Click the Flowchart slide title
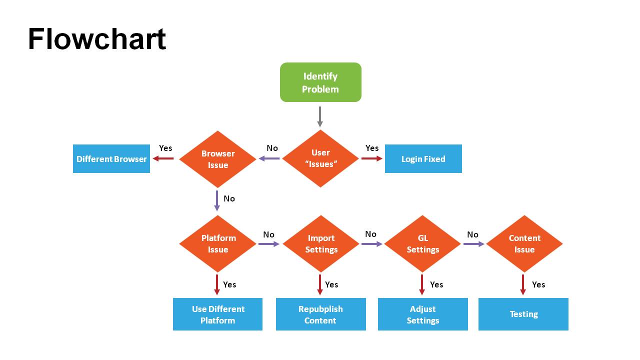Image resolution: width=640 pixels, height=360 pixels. (x=96, y=39)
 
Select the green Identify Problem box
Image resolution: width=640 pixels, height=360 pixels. (x=320, y=82)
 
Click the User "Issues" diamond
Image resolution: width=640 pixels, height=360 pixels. (x=320, y=158)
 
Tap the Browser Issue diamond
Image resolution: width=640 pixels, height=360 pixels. (x=217, y=159)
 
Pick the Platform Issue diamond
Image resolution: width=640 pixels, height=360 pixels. (x=217, y=244)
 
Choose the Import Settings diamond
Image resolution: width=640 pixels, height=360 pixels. (x=321, y=244)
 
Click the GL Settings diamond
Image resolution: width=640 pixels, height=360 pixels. (x=422, y=244)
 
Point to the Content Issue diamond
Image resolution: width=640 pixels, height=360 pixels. (x=524, y=244)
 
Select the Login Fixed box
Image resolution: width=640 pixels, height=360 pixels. (x=423, y=159)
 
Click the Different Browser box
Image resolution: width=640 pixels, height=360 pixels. (x=111, y=159)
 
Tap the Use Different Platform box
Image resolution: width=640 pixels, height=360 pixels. (x=217, y=314)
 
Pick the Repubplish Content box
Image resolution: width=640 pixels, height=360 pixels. (x=320, y=314)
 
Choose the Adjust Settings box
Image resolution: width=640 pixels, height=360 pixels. (x=422, y=314)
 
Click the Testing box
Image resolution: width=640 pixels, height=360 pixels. (x=523, y=314)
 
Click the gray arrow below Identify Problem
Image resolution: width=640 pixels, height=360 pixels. (x=320, y=116)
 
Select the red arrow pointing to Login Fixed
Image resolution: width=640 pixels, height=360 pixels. (x=371, y=158)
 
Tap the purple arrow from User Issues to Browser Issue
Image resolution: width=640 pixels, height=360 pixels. (x=269, y=159)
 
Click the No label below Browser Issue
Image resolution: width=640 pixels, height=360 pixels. (x=229, y=198)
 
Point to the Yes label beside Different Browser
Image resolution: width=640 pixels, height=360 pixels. (x=165, y=148)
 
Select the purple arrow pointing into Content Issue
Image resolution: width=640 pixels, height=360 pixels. (x=473, y=244)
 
